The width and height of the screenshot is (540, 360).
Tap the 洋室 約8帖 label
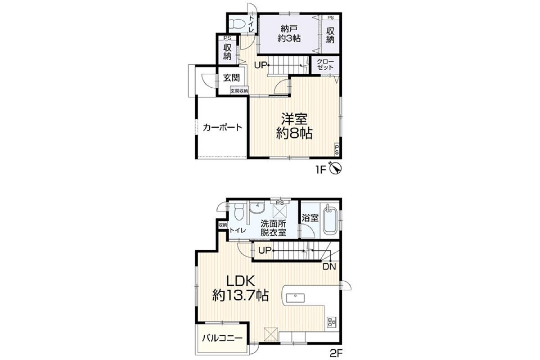pyautogui.click(x=294, y=126)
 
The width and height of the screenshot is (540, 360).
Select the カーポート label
pyautogui.click(x=222, y=127)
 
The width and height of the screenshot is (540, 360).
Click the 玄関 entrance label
pyautogui.click(x=231, y=78)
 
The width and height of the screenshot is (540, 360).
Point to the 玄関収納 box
pyautogui.click(x=239, y=91)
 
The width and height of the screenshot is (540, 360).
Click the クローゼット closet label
pyautogui.click(x=325, y=64)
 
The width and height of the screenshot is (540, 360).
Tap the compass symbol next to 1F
pyautogui.click(x=335, y=168)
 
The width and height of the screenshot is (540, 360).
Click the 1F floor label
pyautogui.click(x=321, y=170)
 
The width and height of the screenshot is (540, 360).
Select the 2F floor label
pyautogui.click(x=336, y=353)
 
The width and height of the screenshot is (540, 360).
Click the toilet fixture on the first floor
pyautogui.click(x=237, y=24)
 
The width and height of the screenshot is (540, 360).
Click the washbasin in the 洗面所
pyautogui.click(x=257, y=208)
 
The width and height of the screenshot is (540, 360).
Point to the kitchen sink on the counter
pyautogui.click(x=295, y=298)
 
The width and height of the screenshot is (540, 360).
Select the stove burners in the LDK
pyautogui.click(x=332, y=322)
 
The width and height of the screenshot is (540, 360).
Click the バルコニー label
pyautogui.click(x=222, y=338)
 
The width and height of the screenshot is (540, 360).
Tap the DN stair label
pyautogui.click(x=329, y=267)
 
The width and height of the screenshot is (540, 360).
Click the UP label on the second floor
pyautogui.click(x=265, y=251)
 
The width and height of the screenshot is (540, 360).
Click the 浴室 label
pyautogui.click(x=310, y=218)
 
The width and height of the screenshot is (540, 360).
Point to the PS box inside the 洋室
pyautogui.click(x=337, y=150)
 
